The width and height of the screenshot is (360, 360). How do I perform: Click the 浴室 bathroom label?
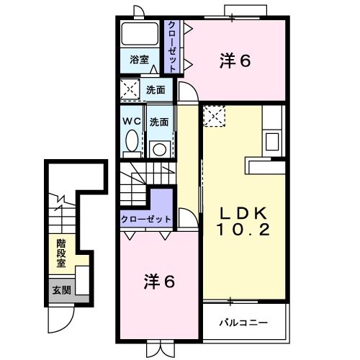click(140, 60)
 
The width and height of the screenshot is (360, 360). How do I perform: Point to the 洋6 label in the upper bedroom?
click(235, 62)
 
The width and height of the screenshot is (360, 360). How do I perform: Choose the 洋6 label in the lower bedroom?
click(159, 282)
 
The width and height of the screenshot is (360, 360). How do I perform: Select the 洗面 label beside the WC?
click(159, 122)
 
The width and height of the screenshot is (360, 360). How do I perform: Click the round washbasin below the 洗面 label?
click(159, 150)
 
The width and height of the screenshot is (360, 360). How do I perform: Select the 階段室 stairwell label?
click(62, 253)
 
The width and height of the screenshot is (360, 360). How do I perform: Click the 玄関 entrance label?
click(61, 291)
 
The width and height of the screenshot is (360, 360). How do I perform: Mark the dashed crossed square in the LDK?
click(214, 116)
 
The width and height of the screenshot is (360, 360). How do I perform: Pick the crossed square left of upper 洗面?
click(131, 91)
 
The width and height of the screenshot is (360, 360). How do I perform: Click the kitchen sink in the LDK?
click(273, 140)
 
